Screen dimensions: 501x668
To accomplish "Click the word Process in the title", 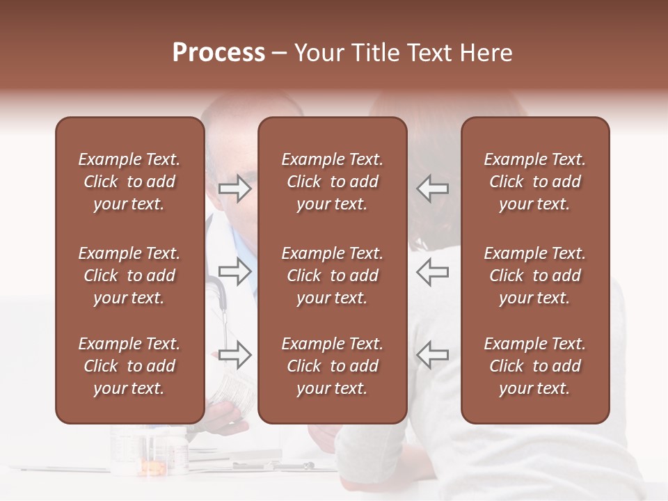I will (x=218, y=53).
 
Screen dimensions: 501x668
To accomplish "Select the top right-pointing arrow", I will (x=234, y=189).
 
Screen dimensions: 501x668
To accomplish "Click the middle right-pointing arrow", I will (x=234, y=272).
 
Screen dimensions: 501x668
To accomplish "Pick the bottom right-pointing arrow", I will (x=234, y=355).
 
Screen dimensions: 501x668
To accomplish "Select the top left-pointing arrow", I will (x=433, y=189).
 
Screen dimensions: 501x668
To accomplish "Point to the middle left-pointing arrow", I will (x=433, y=272).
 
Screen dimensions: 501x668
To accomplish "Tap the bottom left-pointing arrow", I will (x=433, y=355).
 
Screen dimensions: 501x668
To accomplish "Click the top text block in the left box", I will (x=129, y=182).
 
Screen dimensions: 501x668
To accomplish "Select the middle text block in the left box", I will (x=129, y=276).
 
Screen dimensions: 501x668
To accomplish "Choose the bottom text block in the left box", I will (x=129, y=366).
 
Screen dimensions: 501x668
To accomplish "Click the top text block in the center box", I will (x=332, y=182).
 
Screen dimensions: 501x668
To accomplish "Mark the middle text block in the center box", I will (x=332, y=276).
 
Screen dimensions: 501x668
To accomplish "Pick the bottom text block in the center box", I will (x=332, y=366).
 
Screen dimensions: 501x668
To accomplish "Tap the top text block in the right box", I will (x=534, y=182).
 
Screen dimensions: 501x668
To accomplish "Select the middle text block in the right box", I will (x=534, y=276).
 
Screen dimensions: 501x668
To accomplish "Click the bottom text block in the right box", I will (x=534, y=366).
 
